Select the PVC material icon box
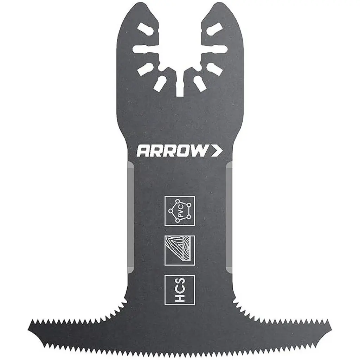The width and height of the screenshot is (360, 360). tap(180, 211)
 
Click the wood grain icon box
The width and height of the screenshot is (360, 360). tap(180, 250)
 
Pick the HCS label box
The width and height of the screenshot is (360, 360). tap(180, 290)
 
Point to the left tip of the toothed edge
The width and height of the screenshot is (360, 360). tap(28, 322)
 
